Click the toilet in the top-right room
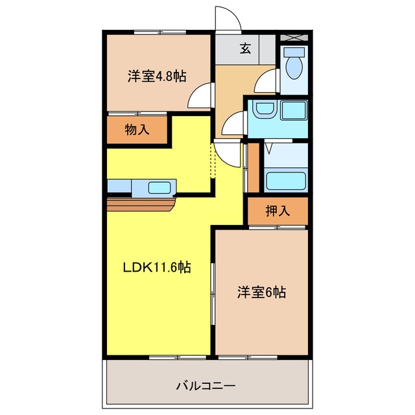pos(294,64)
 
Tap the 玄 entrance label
pos(245,49)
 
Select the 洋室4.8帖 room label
pos(157,77)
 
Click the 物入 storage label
pos(137,130)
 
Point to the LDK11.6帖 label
pos(157,267)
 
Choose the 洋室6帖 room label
pos(261,292)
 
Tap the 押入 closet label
pos(278,211)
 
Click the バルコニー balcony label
pos(206,386)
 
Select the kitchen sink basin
pos(160,187)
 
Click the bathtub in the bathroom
pos(286,181)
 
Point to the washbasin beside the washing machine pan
pos(265,108)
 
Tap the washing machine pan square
pos(294,110)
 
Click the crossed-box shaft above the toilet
pos(294,38)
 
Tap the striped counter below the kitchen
pos(141,205)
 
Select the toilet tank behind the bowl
pos(294,52)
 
